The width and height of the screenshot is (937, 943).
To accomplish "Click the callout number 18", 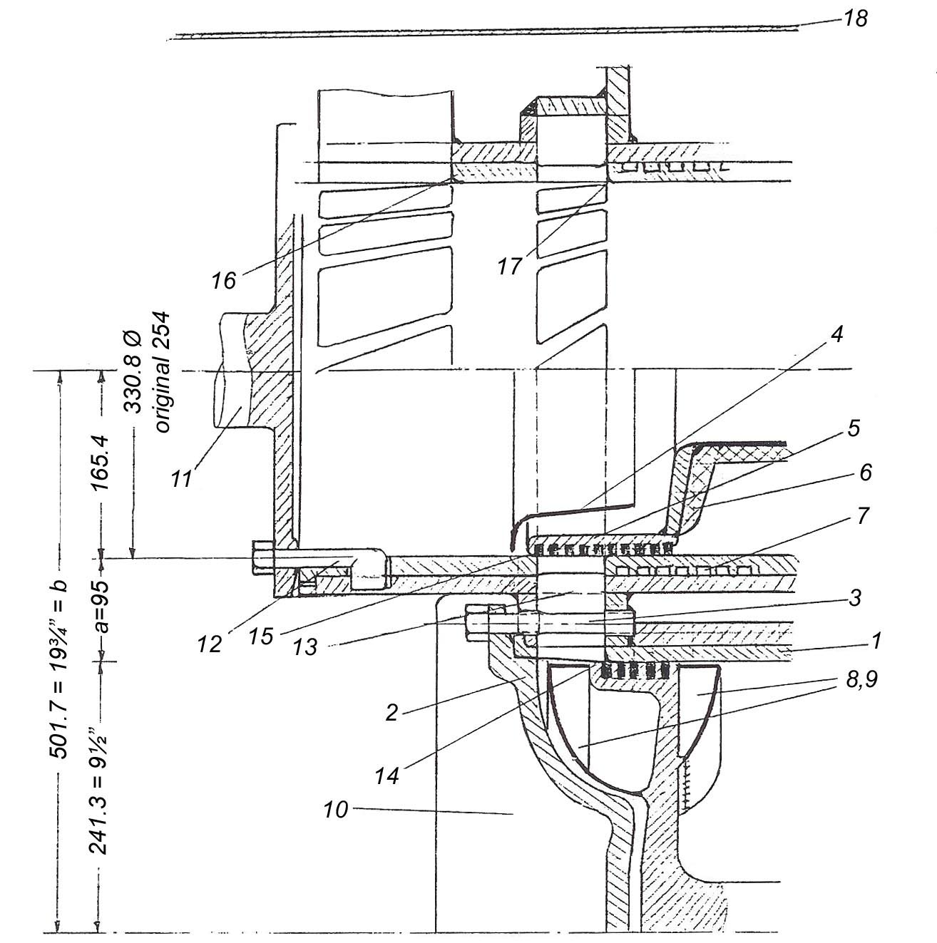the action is pyautogui.click(x=855, y=19).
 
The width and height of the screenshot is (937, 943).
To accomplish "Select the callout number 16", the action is pyautogui.click(x=224, y=281).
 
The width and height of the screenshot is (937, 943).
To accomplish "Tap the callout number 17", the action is pyautogui.click(x=509, y=267).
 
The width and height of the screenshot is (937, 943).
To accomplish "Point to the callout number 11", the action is pyautogui.click(x=181, y=478).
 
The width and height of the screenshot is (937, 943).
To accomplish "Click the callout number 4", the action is pyautogui.click(x=837, y=334).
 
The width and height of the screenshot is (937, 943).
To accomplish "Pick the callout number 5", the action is pyautogui.click(x=854, y=428).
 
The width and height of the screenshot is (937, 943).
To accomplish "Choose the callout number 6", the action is pyautogui.click(x=866, y=473).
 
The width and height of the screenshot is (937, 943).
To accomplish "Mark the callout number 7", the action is pyautogui.click(x=863, y=515).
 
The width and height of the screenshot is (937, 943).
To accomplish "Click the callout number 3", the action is pyautogui.click(x=854, y=597).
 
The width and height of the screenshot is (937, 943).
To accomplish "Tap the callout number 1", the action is pyautogui.click(x=875, y=640).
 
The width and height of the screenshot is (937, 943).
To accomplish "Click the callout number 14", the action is pyautogui.click(x=388, y=775).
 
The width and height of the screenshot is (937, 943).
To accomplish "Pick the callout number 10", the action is pyautogui.click(x=336, y=810).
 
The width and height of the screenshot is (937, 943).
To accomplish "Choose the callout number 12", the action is pyautogui.click(x=210, y=644).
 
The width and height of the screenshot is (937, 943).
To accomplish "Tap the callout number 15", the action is pyautogui.click(x=260, y=637).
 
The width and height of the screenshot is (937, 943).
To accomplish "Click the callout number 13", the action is pyautogui.click(x=306, y=647).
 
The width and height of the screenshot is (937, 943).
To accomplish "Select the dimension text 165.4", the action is pyautogui.click(x=100, y=463).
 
